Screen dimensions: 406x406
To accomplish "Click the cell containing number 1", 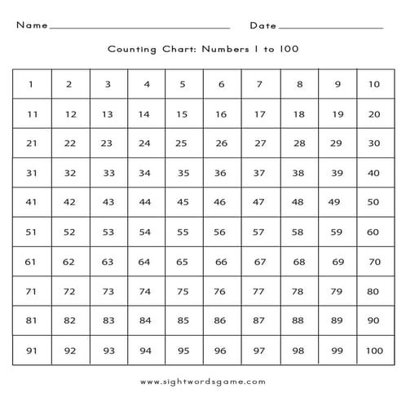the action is click(31, 84).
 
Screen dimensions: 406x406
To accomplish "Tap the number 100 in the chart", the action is click(374, 351).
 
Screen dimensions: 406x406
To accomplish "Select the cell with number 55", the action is click(183, 232).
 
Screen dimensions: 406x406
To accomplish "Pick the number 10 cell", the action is click(374, 84).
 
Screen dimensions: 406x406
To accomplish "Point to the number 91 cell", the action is click(31, 351).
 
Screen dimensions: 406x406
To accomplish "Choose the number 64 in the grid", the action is click(144, 262).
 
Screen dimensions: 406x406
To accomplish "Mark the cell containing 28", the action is click(299, 143).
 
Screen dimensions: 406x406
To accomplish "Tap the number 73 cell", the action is click(108, 291).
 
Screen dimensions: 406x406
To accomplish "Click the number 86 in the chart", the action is click(220, 320).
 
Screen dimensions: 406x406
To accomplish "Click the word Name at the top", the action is click(31, 25).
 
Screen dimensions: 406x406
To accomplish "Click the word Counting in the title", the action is click(131, 49).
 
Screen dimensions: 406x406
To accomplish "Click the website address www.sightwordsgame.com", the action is click(203, 381).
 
